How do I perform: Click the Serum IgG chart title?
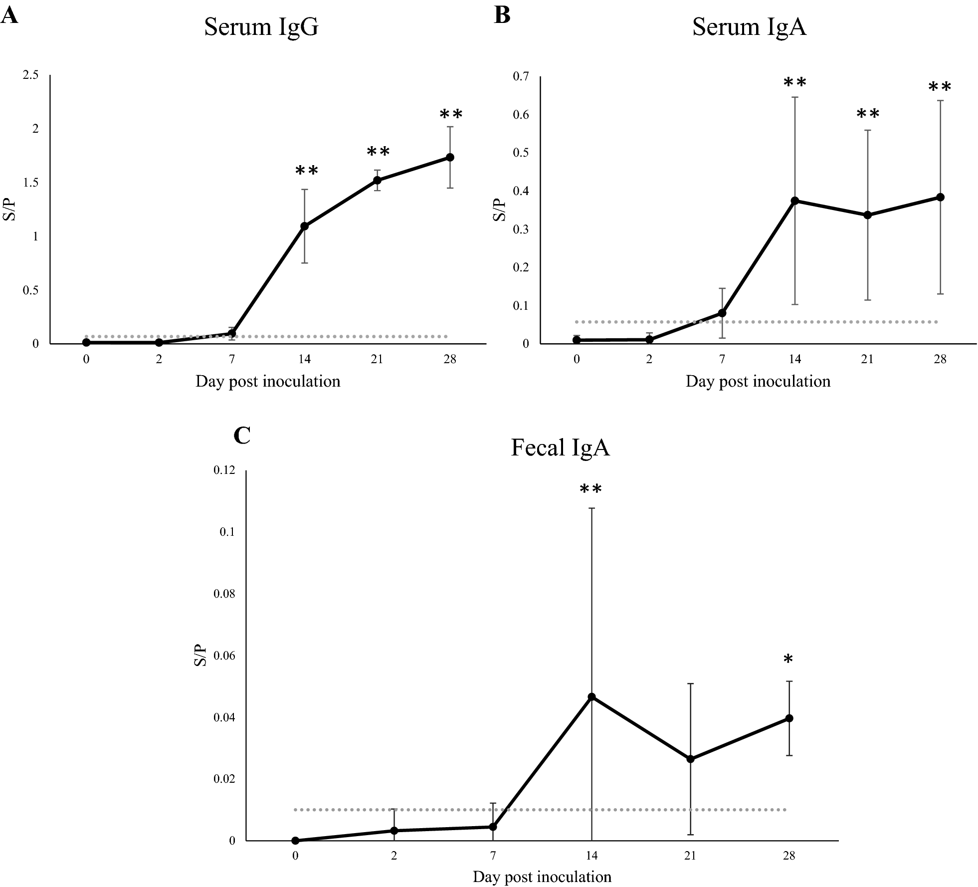point(261,27)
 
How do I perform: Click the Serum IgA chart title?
point(749,27)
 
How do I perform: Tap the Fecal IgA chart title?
point(560,448)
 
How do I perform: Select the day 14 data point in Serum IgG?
point(304,226)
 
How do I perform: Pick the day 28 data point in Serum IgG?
point(450,157)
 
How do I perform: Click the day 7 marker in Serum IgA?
point(722,313)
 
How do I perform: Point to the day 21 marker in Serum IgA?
point(867,215)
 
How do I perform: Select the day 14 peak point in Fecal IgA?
point(591,696)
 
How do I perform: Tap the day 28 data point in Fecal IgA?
point(789,718)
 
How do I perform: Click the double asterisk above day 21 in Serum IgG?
point(378,152)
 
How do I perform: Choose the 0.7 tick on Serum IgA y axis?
point(521,76)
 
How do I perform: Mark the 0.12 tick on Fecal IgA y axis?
point(224,470)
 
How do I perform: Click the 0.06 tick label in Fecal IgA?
point(224,655)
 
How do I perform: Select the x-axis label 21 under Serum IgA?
point(867,360)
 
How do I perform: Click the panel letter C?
point(242,436)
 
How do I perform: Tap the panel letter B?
point(502,15)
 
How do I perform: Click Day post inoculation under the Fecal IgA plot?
point(542,877)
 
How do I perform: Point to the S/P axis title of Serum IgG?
point(9,210)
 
